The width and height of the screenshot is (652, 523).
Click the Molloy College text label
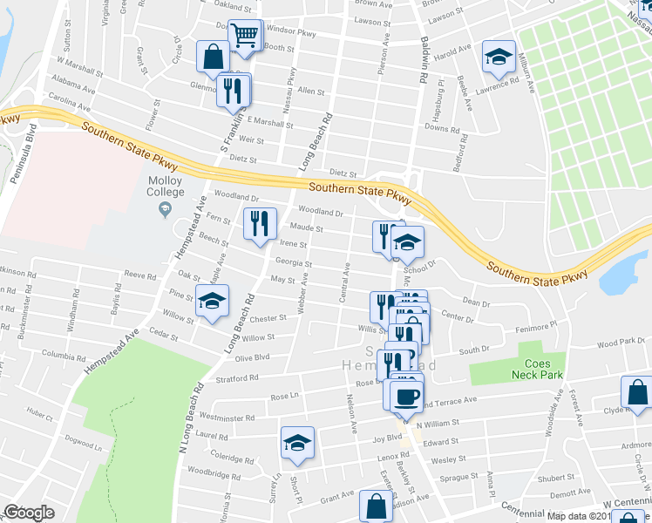pyautogui.click(x=165, y=185)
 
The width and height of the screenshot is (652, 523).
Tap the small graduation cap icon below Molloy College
pyautogui.click(x=165, y=208)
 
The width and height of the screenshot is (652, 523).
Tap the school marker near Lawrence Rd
pyautogui.click(x=498, y=57)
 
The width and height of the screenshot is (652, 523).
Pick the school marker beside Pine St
pyautogui.click(x=212, y=301)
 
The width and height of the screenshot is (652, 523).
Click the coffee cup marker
pyautogui.click(x=406, y=397)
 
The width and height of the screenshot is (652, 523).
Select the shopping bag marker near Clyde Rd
pyautogui.click(x=638, y=392)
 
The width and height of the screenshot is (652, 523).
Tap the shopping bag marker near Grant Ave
pyautogui.click(x=377, y=506)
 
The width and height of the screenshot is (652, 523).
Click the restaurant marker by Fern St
pyautogui.click(x=259, y=224)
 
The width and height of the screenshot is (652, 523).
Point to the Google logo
pyautogui.click(x=29, y=513)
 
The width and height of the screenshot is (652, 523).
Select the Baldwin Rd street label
pyautogui.click(x=423, y=66)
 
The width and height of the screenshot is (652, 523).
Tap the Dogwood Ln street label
pyautogui.click(x=86, y=444)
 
